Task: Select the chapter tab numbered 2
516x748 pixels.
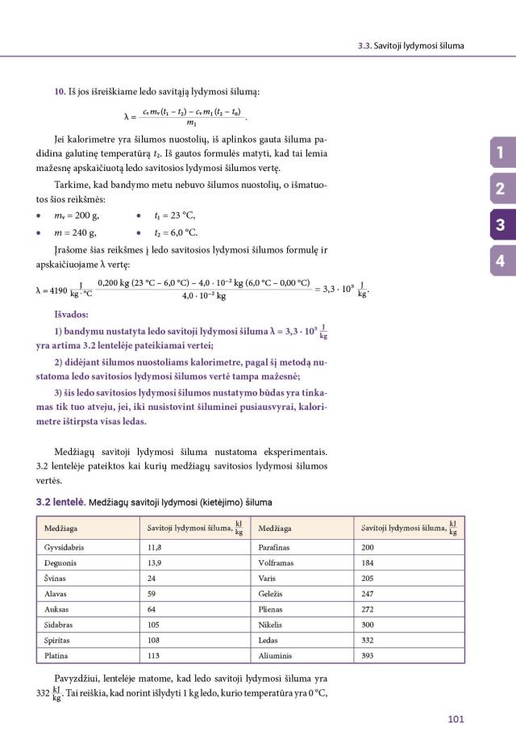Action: point(500,190)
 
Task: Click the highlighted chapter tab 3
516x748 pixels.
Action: point(500,225)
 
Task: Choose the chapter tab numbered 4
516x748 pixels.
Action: point(500,261)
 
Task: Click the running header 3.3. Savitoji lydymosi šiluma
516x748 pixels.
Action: point(410,45)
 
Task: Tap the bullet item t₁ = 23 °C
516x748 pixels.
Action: point(173,215)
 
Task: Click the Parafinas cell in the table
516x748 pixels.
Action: point(274,546)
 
